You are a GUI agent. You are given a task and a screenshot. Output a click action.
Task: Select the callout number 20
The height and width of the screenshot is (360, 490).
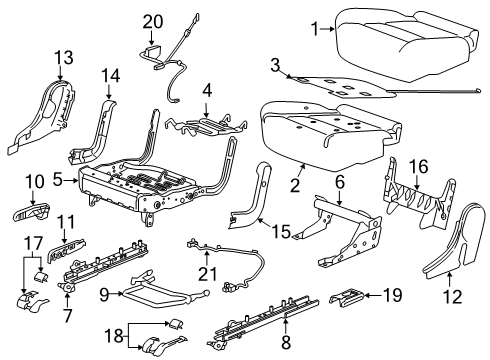[x=152, y=20]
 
